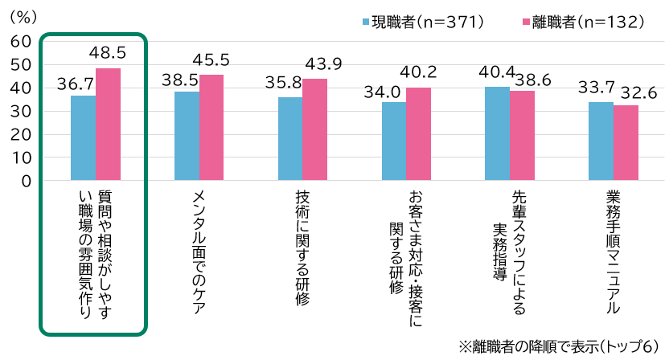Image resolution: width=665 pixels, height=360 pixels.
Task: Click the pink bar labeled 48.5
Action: pyautogui.click(x=108, y=125)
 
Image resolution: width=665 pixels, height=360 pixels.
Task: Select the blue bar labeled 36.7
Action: pyautogui.click(x=83, y=138)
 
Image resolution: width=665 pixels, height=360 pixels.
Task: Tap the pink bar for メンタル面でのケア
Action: pyautogui.click(x=211, y=128)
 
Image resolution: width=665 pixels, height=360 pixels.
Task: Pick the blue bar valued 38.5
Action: pyautogui.click(x=187, y=136)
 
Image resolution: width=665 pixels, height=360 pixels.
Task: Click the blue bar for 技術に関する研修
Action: pyautogui.click(x=290, y=139)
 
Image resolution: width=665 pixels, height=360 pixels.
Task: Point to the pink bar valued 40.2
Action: pyautogui.click(x=418, y=134)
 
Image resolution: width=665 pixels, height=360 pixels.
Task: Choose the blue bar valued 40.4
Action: pyautogui.click(x=497, y=133)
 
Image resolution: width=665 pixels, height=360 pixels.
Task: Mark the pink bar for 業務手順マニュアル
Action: pyautogui.click(x=626, y=143)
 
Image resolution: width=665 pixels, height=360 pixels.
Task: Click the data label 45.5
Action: pyautogui.click(x=211, y=60)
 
